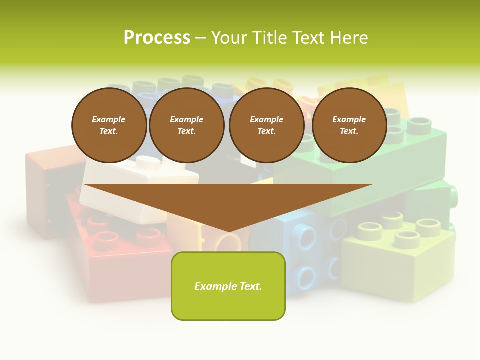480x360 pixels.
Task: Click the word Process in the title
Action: (x=157, y=38)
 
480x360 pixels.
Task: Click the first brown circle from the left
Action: (x=109, y=125)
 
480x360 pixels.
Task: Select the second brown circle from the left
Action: (x=186, y=125)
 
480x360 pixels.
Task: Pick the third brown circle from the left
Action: (x=266, y=125)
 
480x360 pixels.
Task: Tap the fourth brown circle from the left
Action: (x=349, y=125)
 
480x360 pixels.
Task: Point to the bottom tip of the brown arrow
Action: (x=228, y=231)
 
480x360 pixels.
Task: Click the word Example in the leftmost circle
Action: (x=109, y=119)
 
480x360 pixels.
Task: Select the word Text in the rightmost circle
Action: (x=348, y=131)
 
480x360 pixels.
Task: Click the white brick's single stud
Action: (x=148, y=162)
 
